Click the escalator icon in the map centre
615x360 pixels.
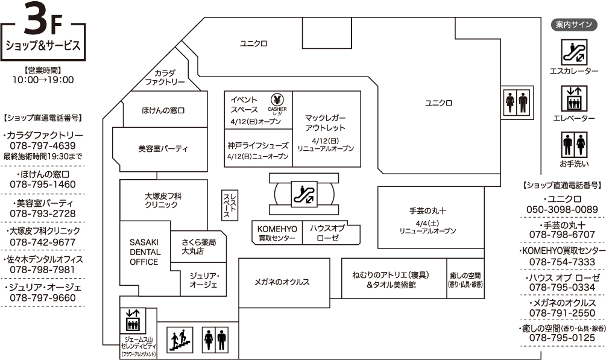click(x=304, y=194)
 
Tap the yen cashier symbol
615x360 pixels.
click(x=277, y=99)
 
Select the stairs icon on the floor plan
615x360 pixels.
click(x=180, y=339)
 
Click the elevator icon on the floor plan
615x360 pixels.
click(x=133, y=321)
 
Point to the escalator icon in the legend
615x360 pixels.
click(x=574, y=52)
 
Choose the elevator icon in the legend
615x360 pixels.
click(x=574, y=99)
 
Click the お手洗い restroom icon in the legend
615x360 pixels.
click(x=574, y=145)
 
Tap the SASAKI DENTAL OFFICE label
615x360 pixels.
click(x=145, y=252)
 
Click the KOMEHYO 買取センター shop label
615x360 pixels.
click(x=277, y=233)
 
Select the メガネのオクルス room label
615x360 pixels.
click(x=282, y=282)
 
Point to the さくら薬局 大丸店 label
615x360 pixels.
click(x=198, y=247)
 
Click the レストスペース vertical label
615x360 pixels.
click(x=230, y=205)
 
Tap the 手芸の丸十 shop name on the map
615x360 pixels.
click(x=427, y=211)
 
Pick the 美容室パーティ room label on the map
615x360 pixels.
click(x=163, y=148)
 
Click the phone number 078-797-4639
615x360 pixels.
click(x=43, y=146)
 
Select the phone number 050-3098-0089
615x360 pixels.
click(x=562, y=210)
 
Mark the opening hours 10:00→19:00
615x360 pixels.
click(x=43, y=80)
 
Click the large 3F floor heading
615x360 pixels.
click(x=43, y=17)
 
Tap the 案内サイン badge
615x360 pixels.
click(x=574, y=25)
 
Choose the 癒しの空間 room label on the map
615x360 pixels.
click(x=465, y=280)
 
